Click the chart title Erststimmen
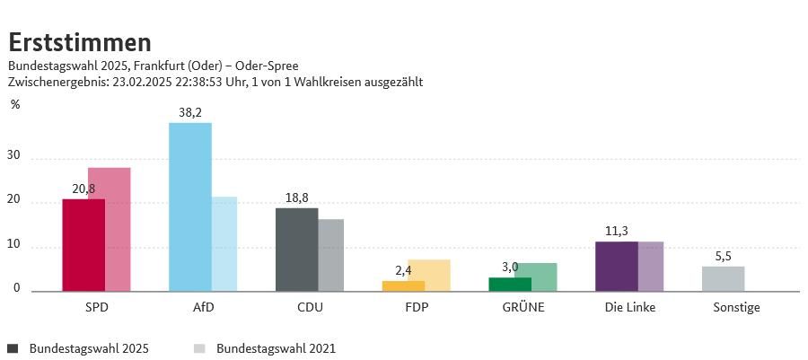coord(80,41)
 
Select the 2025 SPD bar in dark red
coord(83,244)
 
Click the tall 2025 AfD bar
coord(189,206)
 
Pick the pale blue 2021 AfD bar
coord(224,243)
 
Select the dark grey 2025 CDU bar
coord(296,249)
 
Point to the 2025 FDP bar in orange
coord(403,285)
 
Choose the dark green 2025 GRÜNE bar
coord(510,284)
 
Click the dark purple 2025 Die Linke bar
coord(617,266)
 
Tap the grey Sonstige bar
coord(723,278)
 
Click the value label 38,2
coord(190,112)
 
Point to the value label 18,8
coord(296,198)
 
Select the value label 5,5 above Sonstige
coord(723,256)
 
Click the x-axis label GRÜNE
coord(523,308)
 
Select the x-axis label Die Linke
coord(630,308)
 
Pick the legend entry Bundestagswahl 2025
coord(88,348)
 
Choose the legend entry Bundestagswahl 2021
coord(275,348)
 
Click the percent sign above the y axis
coord(15,105)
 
